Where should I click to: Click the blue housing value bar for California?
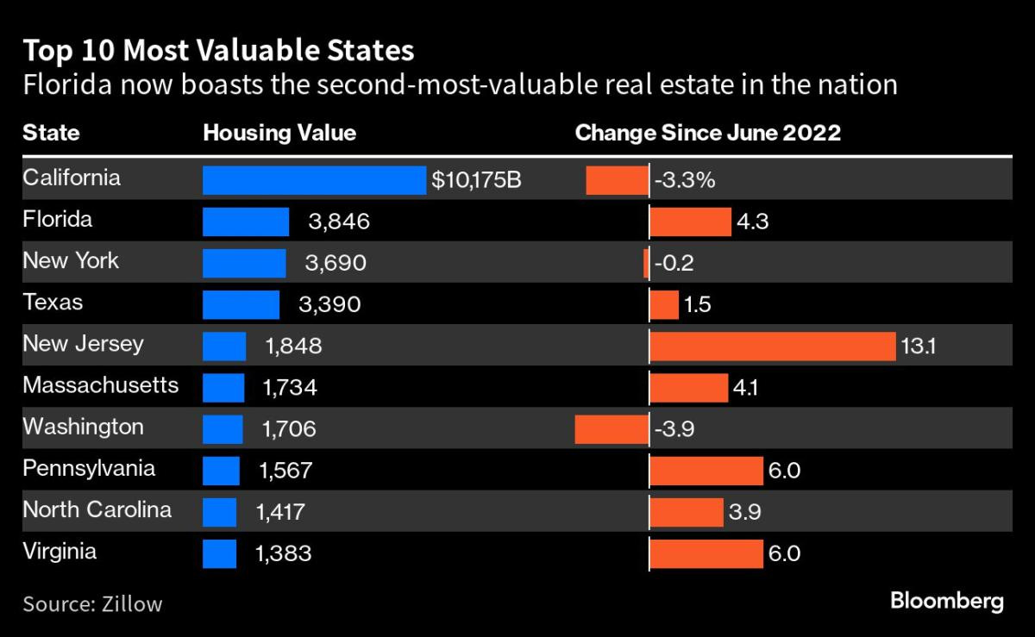click(314, 180)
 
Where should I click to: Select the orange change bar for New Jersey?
click(772, 347)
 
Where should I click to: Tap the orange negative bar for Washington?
click(612, 428)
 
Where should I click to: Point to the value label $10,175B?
click(476, 181)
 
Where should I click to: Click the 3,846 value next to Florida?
click(339, 222)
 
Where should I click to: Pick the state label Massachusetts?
click(100, 384)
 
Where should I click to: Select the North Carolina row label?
click(97, 509)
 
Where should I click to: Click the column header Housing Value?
click(279, 133)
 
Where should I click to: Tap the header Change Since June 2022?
click(708, 133)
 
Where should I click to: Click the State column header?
click(51, 133)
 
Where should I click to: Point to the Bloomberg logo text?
click(946, 601)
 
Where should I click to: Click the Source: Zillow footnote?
click(92, 603)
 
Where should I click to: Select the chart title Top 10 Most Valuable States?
click(218, 51)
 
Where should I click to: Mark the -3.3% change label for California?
click(683, 181)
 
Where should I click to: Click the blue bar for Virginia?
click(219, 553)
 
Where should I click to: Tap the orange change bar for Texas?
click(664, 305)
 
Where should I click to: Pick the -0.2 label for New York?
click(674, 264)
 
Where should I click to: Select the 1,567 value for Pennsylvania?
click(285, 471)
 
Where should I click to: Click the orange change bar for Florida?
click(690, 222)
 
